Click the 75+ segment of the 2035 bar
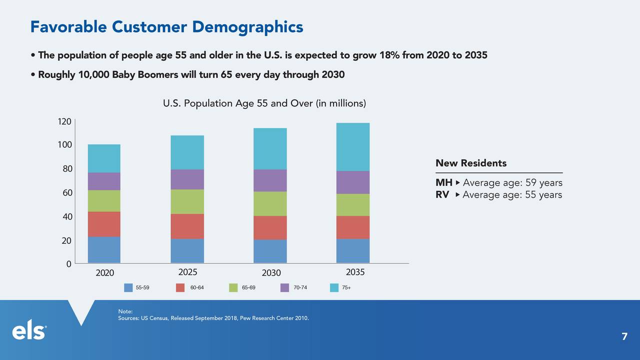click(352, 147)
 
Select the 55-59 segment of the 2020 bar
click(104, 249)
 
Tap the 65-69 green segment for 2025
click(187, 201)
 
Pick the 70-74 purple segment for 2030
click(270, 180)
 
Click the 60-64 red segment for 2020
click(104, 224)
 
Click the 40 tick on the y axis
click(66, 217)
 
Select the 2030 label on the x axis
click(271, 273)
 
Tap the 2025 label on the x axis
click(187, 272)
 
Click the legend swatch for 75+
click(334, 287)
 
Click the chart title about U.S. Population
click(264, 104)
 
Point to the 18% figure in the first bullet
click(389, 55)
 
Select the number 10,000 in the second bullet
click(94, 75)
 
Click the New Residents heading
click(470, 163)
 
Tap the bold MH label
click(443, 183)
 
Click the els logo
click(29, 332)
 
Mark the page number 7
click(624, 337)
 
